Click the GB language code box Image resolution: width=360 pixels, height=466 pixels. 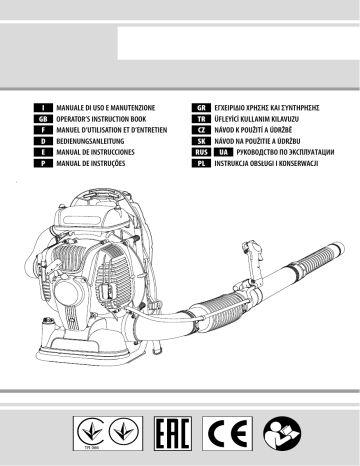coord(43,119)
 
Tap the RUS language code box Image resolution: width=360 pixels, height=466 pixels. coord(201,152)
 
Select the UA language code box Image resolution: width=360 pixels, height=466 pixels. coord(224,152)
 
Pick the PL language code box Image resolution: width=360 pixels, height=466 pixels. coord(201,163)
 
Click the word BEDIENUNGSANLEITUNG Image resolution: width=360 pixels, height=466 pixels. coord(90,141)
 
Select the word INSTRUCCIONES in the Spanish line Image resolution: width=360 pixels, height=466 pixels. coord(113,152)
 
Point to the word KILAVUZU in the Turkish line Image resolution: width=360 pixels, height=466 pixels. coord(285,119)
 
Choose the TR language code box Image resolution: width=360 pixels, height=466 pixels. coord(201,119)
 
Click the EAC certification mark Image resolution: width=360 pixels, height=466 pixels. coord(173,433)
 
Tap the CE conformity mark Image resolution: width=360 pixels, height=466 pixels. coord(227,433)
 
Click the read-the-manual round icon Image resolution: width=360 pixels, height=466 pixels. coord(282,433)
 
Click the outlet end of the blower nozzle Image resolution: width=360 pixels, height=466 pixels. coord(339,249)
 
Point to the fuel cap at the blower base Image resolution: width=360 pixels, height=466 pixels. coord(48,321)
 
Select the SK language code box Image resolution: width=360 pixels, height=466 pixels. coord(201,141)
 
